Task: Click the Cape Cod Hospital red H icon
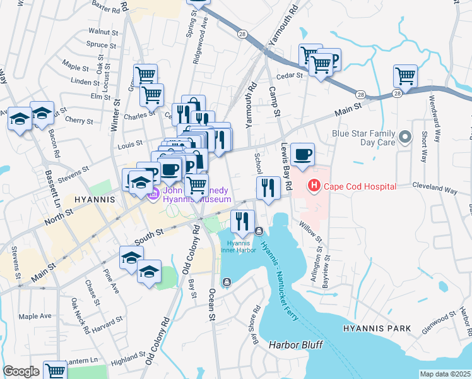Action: coord(312,186)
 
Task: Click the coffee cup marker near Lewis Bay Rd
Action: coord(302,154)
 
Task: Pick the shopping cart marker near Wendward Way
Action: coord(405,76)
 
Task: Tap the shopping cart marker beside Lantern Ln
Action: coord(56,371)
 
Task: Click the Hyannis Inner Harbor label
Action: coord(238,246)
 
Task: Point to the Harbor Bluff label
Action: coord(295,345)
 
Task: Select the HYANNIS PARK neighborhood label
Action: coord(377,329)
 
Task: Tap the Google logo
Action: coord(21,371)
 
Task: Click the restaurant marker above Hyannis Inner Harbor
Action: coord(243,221)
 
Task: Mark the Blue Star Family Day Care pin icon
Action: coord(406,136)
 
